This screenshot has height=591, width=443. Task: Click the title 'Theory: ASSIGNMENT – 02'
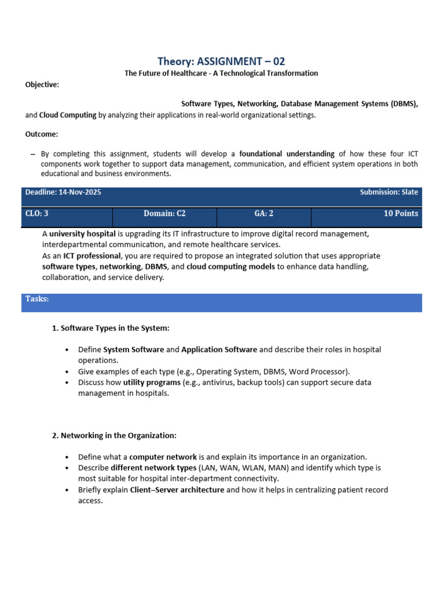click(221, 61)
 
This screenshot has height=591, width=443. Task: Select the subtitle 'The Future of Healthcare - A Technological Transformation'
click(221, 73)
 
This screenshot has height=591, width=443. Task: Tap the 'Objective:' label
click(42, 85)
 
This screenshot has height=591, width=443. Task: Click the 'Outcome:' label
click(42, 134)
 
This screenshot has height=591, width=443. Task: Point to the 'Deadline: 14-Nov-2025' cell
click(63, 192)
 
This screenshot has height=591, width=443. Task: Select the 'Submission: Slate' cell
click(389, 192)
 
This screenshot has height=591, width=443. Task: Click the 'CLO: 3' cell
click(37, 214)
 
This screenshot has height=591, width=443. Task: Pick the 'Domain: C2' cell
click(164, 214)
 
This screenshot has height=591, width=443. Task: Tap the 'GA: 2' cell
click(264, 214)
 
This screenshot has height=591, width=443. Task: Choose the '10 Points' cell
click(401, 214)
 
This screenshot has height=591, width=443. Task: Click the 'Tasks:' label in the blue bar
click(37, 298)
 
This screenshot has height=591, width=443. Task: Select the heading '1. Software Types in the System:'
click(111, 328)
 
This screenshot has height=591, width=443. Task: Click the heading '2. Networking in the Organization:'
click(114, 435)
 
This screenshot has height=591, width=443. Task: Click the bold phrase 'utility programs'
click(152, 382)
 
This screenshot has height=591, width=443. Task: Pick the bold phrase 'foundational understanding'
click(287, 154)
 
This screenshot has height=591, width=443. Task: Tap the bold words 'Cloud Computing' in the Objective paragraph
click(67, 115)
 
